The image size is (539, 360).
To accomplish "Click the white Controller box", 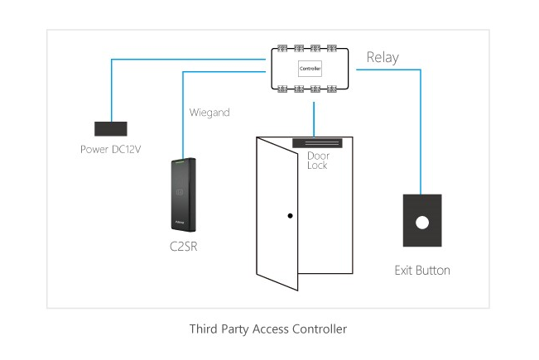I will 310,69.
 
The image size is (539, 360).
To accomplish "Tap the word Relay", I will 383,57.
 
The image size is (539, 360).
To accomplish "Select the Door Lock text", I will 318,161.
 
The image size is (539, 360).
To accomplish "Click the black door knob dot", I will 290,216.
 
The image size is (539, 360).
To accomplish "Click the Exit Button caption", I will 422,270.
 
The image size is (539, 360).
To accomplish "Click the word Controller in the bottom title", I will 319,329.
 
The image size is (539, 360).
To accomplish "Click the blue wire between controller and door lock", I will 313,117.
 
